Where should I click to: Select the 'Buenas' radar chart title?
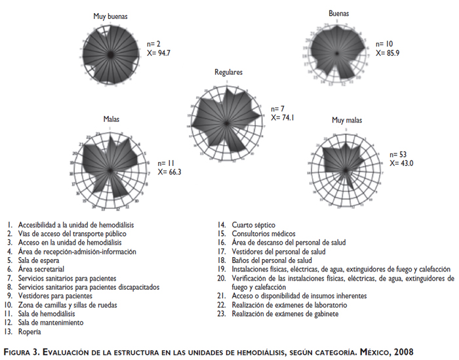pos(338,13)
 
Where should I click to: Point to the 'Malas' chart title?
pos(111,119)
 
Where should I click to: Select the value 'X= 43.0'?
pos(402,163)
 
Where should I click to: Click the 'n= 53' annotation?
pos(398,154)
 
